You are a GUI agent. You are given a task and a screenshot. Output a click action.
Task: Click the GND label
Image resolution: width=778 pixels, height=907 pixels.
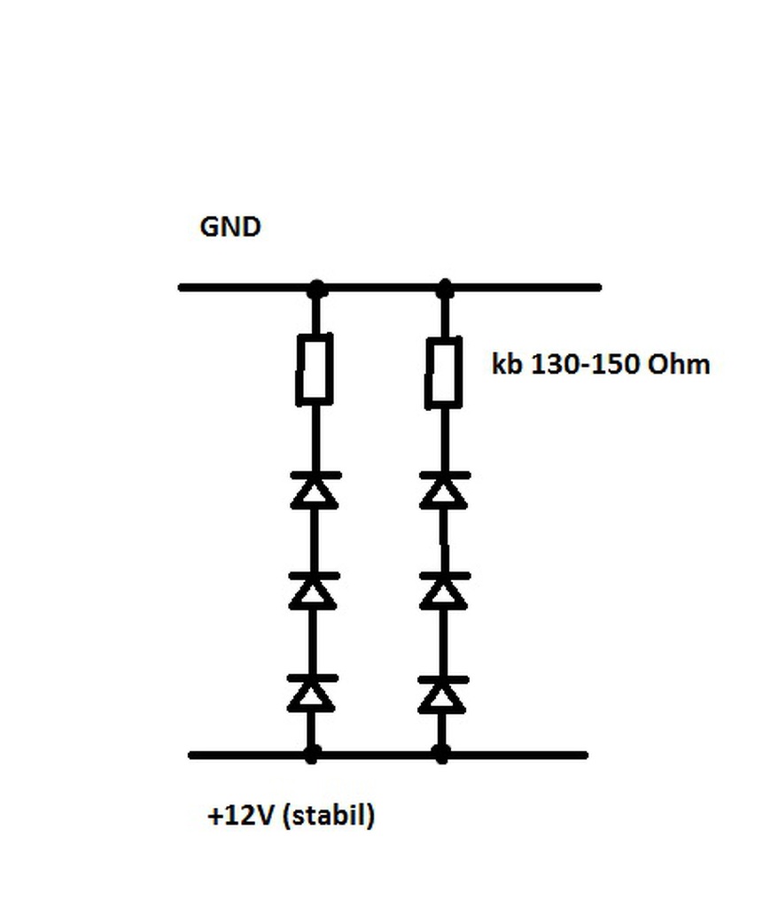click(x=230, y=227)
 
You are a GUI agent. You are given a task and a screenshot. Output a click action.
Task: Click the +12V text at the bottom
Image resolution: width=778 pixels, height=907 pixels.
click(x=240, y=815)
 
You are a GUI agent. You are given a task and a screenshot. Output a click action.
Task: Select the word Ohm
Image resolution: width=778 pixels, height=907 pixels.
click(x=680, y=364)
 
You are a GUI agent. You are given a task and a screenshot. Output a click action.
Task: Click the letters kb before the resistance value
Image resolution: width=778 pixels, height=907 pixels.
click(x=508, y=364)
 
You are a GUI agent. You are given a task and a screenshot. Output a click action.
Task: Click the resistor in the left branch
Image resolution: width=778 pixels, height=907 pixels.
click(x=315, y=368)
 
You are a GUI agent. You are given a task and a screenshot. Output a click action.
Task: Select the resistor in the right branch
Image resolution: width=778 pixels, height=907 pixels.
click(x=443, y=372)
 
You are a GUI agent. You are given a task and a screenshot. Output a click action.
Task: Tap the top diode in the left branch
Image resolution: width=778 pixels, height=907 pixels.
click(x=314, y=490)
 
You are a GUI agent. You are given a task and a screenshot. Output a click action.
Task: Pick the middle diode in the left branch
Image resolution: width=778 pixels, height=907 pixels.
click(x=313, y=591)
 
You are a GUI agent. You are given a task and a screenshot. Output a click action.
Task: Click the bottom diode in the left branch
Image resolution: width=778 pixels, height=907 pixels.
click(x=312, y=693)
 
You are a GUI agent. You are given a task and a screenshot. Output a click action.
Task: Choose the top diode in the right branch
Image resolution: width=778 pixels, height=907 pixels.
click(x=443, y=490)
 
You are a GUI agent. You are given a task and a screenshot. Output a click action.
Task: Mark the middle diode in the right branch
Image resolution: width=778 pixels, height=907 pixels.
click(x=442, y=591)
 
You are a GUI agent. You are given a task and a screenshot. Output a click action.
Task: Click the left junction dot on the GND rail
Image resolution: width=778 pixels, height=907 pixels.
click(x=316, y=288)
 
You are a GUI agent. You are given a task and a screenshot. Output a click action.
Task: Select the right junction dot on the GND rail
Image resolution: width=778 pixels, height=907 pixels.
click(x=445, y=288)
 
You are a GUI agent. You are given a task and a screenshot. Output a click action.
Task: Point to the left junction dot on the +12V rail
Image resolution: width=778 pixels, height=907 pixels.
click(x=311, y=755)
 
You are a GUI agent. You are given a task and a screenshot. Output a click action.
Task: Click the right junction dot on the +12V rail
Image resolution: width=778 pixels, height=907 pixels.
click(x=441, y=755)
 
